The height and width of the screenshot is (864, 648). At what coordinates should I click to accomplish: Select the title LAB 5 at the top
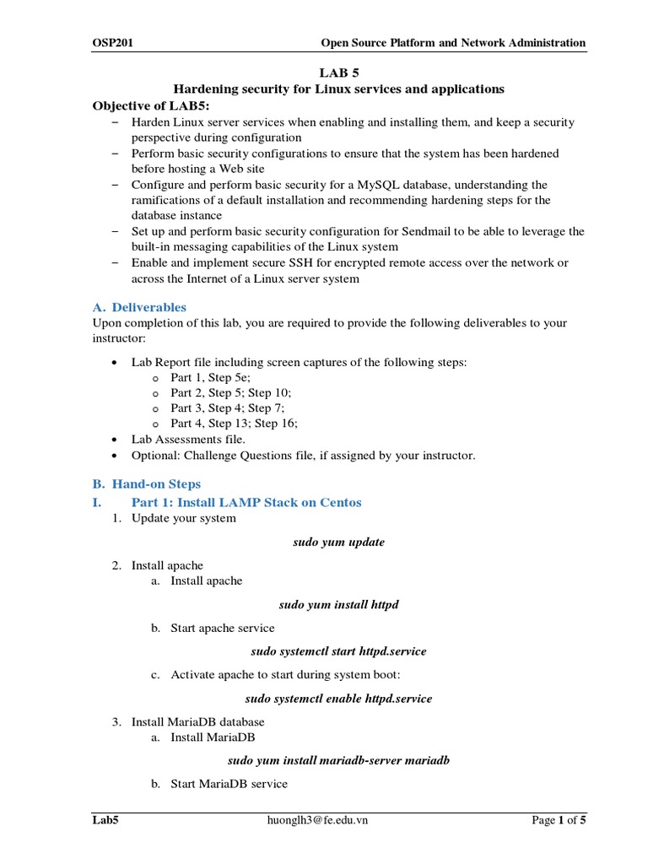point(338,73)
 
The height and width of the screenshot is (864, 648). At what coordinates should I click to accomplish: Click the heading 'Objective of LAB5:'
point(150,105)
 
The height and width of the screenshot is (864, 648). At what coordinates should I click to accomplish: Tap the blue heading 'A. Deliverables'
point(139,307)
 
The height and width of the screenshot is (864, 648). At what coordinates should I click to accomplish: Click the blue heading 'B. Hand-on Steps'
point(147,484)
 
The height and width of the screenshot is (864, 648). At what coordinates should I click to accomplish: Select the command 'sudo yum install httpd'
point(338,605)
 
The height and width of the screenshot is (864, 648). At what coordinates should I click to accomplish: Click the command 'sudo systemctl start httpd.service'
point(338,651)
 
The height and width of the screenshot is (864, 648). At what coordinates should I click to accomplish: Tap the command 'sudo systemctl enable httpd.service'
point(338,699)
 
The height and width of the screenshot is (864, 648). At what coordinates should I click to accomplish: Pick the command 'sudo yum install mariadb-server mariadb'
point(338,760)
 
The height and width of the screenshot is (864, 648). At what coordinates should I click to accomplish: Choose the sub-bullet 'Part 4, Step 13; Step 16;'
point(234,424)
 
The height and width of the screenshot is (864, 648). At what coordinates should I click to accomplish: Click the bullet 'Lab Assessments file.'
point(188,440)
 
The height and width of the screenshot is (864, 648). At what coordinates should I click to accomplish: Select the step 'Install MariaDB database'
point(197,722)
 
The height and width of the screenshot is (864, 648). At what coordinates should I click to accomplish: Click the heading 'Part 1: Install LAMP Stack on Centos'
point(246,502)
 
